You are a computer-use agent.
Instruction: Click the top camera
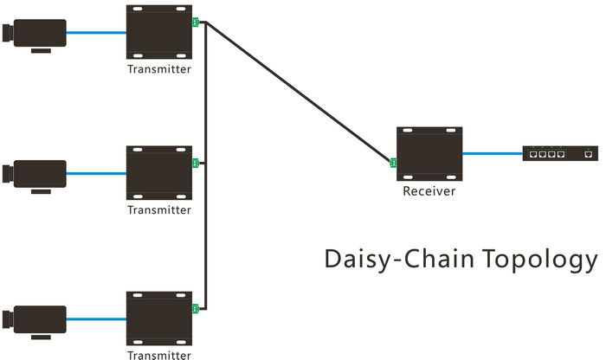pos(34,33)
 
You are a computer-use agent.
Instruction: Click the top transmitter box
pos(159,33)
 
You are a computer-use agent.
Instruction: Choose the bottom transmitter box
pos(159,317)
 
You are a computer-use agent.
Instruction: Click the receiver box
pos(429,153)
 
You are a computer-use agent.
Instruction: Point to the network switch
pos(559,154)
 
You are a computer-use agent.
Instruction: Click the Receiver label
pos(429,191)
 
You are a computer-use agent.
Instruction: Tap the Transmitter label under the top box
pos(159,69)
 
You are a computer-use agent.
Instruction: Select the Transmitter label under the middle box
pos(159,209)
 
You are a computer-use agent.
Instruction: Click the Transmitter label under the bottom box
pos(159,354)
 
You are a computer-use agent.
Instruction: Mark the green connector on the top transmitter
pos(196,22)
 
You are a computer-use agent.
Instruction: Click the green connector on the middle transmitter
pos(196,163)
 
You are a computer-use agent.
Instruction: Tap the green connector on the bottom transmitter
pos(196,308)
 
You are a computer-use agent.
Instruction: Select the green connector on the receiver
pos(394,163)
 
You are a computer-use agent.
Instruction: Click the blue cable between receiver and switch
pos(492,154)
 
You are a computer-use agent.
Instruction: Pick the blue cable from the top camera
pos(96,33)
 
